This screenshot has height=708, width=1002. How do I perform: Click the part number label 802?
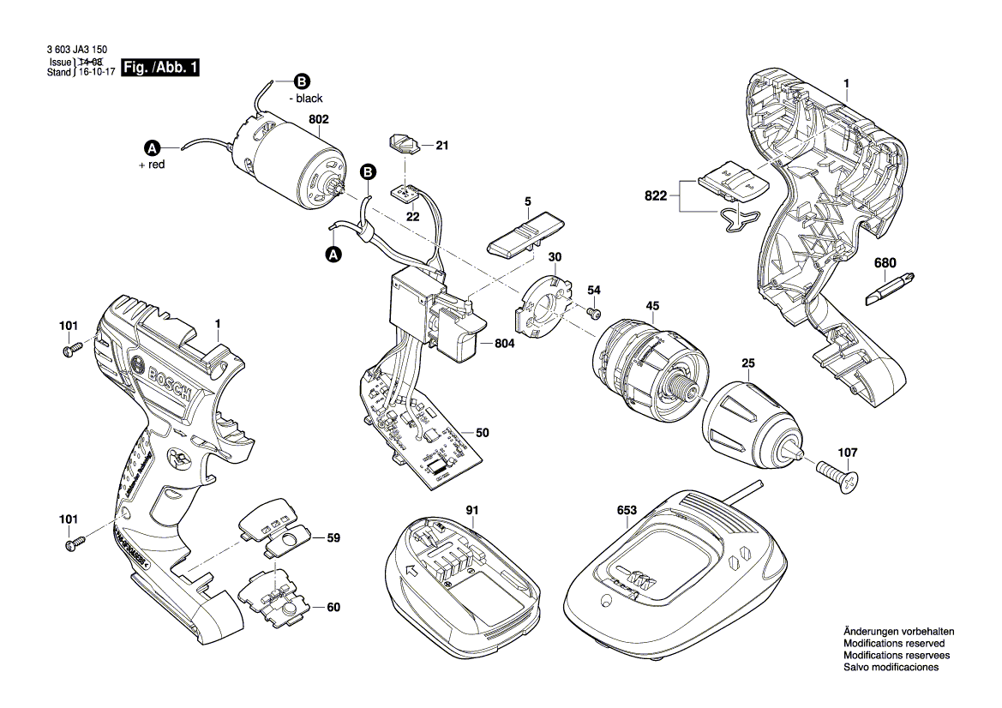coord(318,121)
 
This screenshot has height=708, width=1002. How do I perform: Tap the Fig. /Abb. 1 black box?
coord(160,67)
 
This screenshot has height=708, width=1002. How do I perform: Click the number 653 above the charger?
coord(627,510)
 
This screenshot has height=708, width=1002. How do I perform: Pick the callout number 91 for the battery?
coord(471,510)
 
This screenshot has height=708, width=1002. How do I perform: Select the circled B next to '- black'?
coord(301,82)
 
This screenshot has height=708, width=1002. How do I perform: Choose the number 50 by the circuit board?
coord(483,434)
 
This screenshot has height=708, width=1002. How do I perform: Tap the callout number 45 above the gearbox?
coord(652,306)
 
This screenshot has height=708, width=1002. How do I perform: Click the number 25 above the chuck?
coord(748,364)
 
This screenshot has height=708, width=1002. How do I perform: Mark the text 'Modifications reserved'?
coord(894,643)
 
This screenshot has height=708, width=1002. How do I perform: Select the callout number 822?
coord(655,196)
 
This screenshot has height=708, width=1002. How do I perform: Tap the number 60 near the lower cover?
coord(333,608)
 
